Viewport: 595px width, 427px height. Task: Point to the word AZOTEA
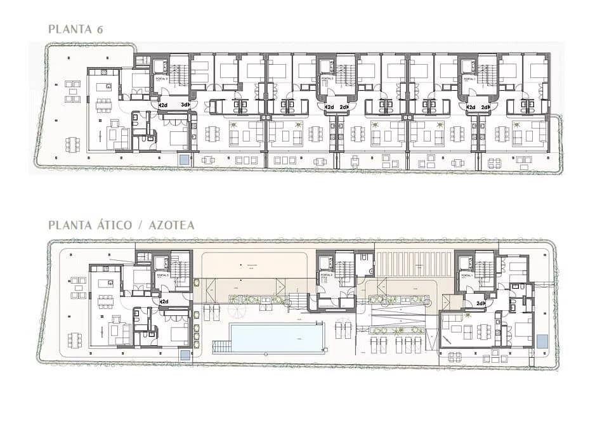tap(172, 225)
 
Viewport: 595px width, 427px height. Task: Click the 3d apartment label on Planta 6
tap(185, 105)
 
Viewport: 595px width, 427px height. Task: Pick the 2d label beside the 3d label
tap(163, 105)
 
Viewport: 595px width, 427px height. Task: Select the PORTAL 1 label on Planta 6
tap(469, 78)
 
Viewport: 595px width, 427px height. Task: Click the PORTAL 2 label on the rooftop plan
tap(325, 277)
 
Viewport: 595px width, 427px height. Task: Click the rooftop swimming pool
tap(275, 337)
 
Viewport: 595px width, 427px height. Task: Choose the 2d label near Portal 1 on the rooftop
tap(480, 303)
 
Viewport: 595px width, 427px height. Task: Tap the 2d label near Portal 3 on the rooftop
tap(163, 301)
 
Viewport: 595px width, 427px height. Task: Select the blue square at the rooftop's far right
tap(542, 341)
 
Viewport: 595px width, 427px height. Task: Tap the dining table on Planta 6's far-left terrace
tap(73, 145)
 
